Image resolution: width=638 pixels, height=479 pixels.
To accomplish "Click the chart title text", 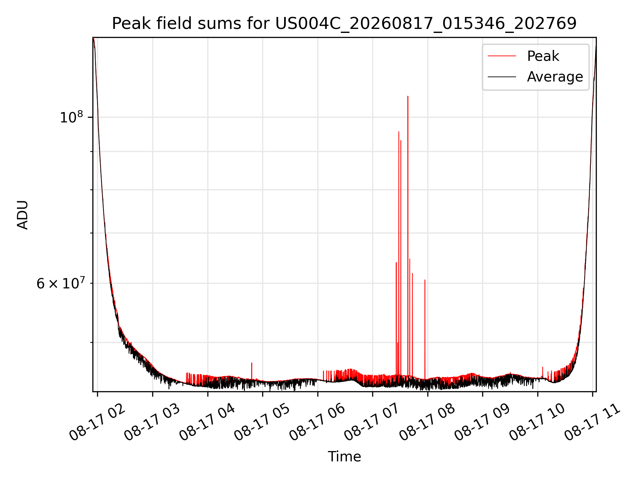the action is point(344,24).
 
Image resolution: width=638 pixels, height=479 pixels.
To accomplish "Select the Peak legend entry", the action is point(523,56).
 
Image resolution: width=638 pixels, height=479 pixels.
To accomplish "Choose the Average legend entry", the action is point(535,77).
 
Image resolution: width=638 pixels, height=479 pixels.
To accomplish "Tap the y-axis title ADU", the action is point(23,215).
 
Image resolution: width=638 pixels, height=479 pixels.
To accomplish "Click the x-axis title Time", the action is point(344,457).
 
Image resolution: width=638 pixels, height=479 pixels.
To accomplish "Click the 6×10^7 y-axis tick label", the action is point(60,283).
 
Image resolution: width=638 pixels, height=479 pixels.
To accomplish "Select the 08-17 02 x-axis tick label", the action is point(97,422).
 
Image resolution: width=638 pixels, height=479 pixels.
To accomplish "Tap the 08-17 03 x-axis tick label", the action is point(152,422).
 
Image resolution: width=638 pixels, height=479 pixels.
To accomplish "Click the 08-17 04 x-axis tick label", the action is point(207,422).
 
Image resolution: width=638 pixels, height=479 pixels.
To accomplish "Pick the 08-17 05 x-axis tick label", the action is point(262,422).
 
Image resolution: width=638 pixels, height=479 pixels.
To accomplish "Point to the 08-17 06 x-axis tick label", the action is point(317,422).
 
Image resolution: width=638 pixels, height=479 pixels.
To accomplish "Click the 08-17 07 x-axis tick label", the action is point(372,422).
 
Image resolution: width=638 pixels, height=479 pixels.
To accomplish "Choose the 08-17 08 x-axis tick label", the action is point(427,422).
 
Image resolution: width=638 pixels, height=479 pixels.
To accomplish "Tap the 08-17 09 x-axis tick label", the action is point(482,422).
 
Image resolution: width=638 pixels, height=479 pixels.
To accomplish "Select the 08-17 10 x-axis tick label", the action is point(537,422).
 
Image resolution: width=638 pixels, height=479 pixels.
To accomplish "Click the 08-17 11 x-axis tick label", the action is point(592,422).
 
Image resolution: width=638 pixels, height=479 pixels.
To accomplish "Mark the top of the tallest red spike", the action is point(408,96).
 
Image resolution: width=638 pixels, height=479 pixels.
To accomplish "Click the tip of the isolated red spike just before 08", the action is point(425,280).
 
